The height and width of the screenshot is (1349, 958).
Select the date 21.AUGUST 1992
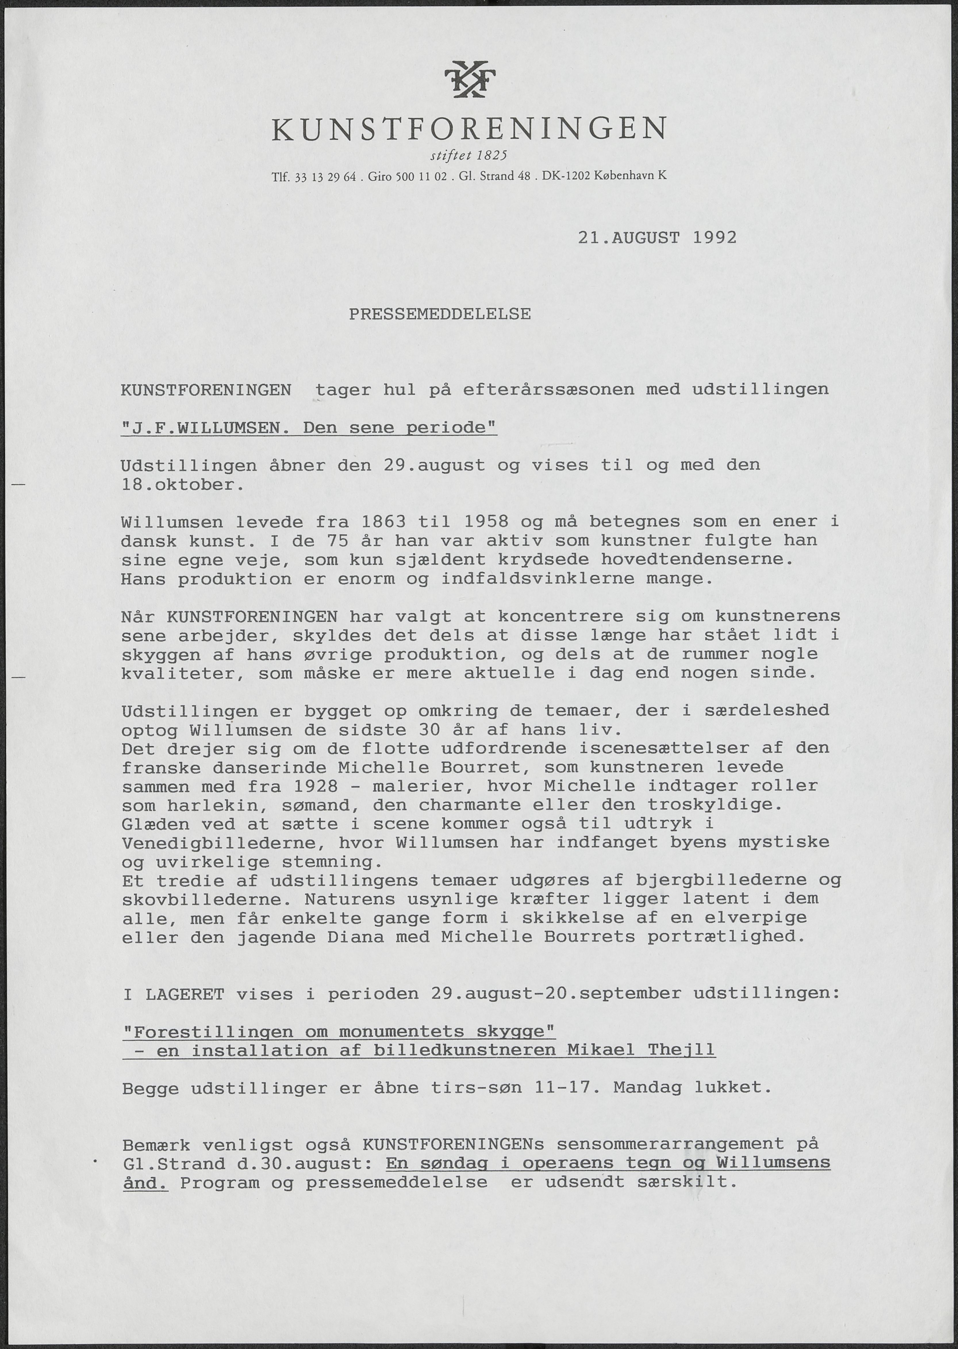click(x=657, y=238)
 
